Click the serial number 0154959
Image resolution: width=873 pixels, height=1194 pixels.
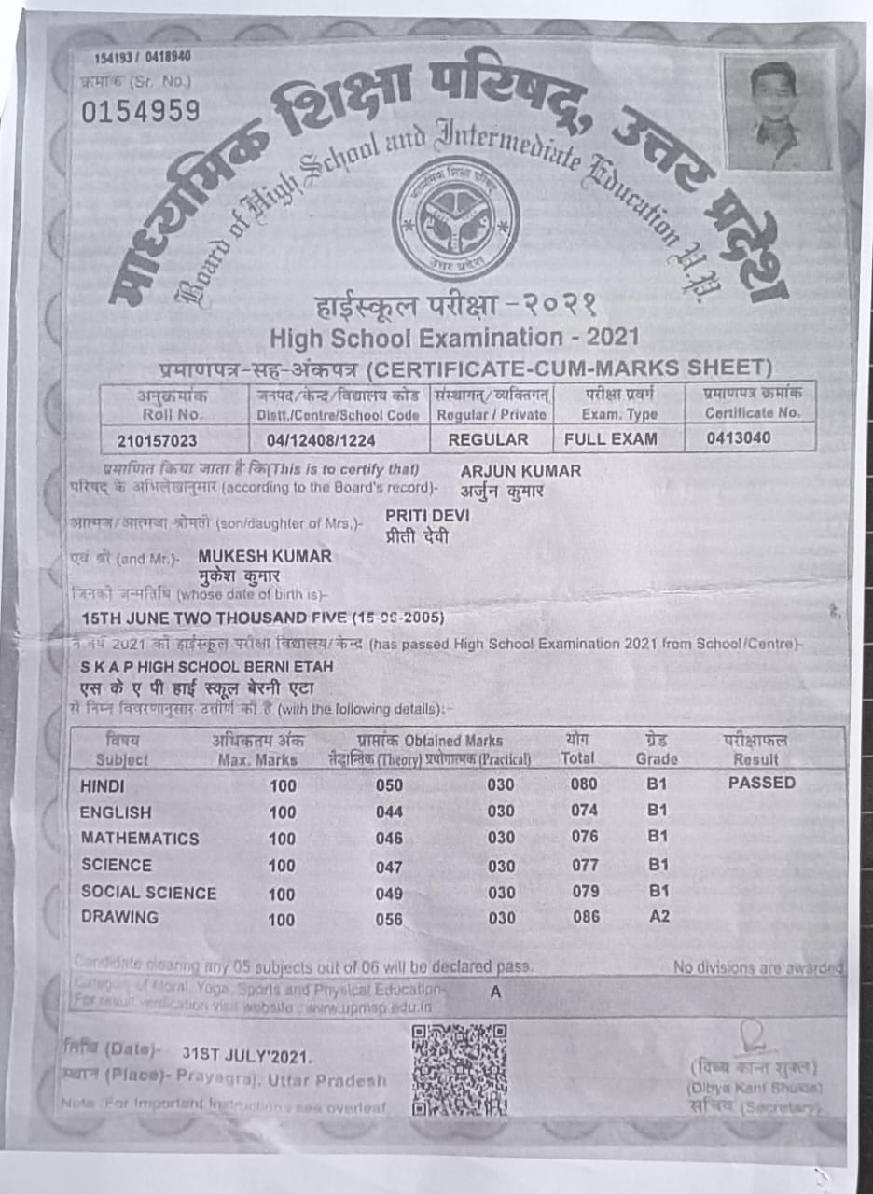tap(140, 112)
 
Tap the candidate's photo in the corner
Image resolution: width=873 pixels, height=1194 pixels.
tap(777, 114)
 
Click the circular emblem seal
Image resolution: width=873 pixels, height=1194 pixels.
tap(455, 219)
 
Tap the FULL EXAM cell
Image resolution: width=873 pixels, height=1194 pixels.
tap(610, 438)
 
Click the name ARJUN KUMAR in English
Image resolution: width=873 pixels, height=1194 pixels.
tap(520, 471)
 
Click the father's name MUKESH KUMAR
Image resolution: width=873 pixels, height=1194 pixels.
tap(265, 556)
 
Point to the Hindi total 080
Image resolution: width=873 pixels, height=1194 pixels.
tap(584, 784)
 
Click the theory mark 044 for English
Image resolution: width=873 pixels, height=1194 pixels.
tap(389, 812)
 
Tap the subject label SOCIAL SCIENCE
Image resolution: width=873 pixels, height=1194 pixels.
tap(148, 893)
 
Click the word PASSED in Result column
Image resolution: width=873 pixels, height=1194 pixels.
tap(761, 784)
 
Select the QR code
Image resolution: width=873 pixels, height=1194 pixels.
tap(459, 1070)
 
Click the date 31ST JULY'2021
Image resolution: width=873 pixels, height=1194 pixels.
tap(247, 1056)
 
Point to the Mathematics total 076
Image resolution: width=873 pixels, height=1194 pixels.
tap(584, 838)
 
